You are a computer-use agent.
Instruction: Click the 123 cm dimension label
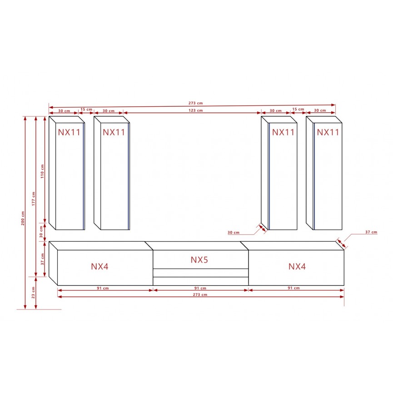click(195, 110)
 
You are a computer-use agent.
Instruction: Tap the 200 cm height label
click(23, 218)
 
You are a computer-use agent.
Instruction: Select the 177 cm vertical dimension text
click(33, 199)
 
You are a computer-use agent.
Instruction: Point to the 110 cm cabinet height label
click(42, 171)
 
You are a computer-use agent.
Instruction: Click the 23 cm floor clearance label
click(33, 293)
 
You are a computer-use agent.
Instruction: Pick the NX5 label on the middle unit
click(199, 260)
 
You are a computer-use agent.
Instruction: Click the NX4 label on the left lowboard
click(99, 266)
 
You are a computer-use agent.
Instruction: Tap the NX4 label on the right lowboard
click(297, 266)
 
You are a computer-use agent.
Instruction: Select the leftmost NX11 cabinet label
click(69, 132)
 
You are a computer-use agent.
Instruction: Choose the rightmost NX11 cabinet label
click(328, 132)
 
